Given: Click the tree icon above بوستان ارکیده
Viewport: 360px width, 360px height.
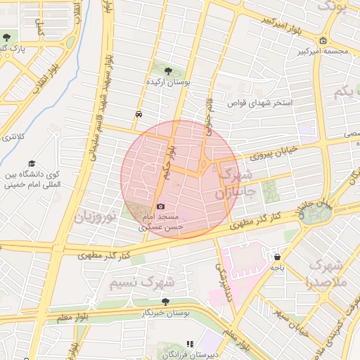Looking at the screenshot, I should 168,71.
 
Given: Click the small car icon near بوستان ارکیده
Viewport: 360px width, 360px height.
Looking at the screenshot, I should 139,114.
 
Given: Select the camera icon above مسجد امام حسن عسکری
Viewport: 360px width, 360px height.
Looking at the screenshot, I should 161,206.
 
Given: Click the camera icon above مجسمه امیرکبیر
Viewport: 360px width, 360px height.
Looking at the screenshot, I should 322,39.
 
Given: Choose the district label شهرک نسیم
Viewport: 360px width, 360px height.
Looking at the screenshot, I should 143,282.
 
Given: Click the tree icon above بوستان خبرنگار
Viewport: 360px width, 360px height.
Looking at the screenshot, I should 165,301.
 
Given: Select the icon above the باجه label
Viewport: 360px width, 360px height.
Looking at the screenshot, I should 278,257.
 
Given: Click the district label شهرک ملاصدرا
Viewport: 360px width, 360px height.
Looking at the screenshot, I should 326,274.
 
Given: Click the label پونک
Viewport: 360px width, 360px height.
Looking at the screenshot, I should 334,6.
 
